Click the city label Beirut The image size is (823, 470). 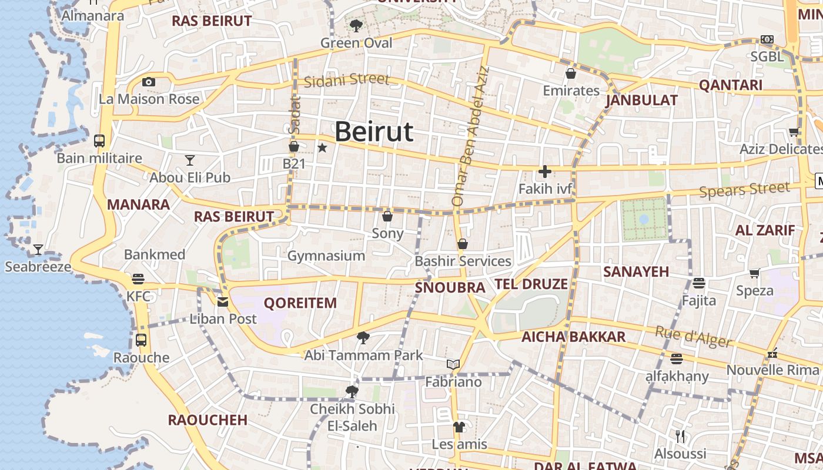click(x=374, y=132)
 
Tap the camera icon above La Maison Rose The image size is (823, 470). click(x=149, y=82)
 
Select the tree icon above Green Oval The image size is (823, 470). click(x=356, y=25)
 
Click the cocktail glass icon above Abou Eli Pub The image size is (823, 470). click(x=189, y=160)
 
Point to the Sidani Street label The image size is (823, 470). click(x=346, y=79)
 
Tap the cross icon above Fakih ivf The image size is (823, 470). click(x=545, y=172)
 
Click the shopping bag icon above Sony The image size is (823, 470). click(x=387, y=216)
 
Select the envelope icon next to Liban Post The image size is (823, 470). click(x=223, y=302)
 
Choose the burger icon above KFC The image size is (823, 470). click(x=138, y=278)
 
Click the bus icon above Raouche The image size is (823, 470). click(x=141, y=340)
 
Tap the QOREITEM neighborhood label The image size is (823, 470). click(x=300, y=303)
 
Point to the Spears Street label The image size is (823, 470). click(x=744, y=190)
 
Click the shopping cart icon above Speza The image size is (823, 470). click(x=755, y=273)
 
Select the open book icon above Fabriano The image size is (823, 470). click(x=453, y=365)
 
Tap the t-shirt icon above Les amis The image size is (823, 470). click(x=459, y=427)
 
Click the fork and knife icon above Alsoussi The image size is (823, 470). click(x=681, y=436)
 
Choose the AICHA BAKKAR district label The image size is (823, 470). click(x=573, y=337)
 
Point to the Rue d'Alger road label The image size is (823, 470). click(x=693, y=337)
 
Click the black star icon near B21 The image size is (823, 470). click(x=322, y=147)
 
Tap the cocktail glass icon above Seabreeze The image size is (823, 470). click(x=38, y=250)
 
